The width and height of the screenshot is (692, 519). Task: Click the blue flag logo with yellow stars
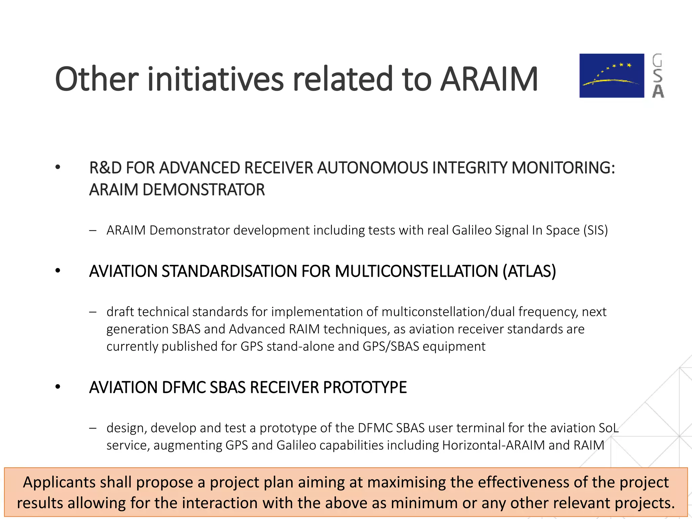(612, 76)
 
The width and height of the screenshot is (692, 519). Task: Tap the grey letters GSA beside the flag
(658, 76)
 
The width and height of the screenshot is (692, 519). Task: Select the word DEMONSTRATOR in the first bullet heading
(204, 190)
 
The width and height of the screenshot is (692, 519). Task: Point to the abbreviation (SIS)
(595, 230)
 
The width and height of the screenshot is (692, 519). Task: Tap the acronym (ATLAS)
(529, 271)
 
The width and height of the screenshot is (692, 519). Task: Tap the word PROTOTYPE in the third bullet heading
(365, 388)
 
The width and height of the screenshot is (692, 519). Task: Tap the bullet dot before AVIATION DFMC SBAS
(58, 387)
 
